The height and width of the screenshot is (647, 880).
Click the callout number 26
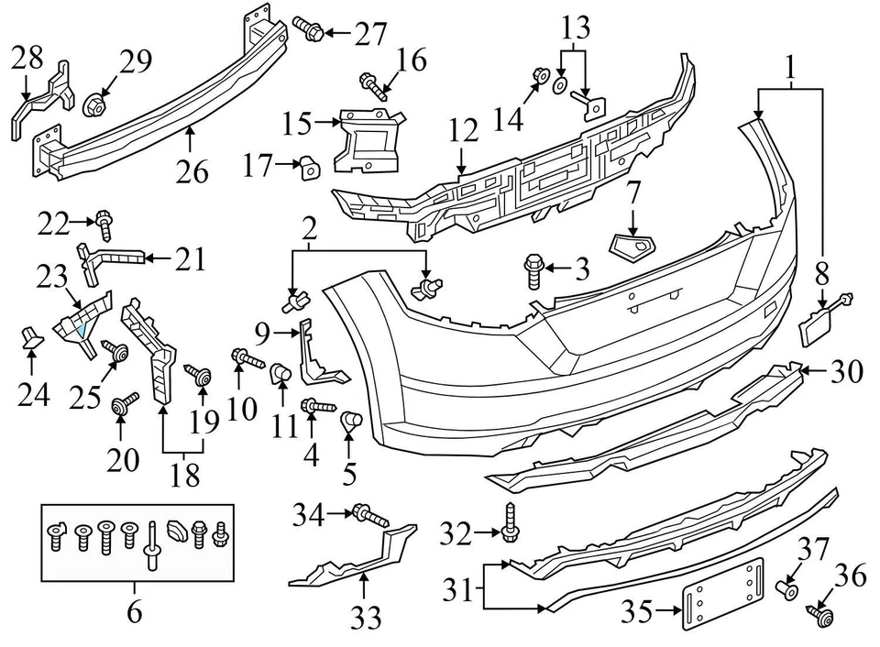point(193,170)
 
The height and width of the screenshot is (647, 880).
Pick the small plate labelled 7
point(632,245)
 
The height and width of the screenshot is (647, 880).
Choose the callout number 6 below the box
point(135,611)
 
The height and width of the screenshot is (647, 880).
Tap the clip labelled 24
point(33,340)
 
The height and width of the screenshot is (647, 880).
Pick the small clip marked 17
point(310,166)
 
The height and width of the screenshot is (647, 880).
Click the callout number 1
point(789,67)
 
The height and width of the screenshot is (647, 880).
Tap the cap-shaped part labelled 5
point(351,422)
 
